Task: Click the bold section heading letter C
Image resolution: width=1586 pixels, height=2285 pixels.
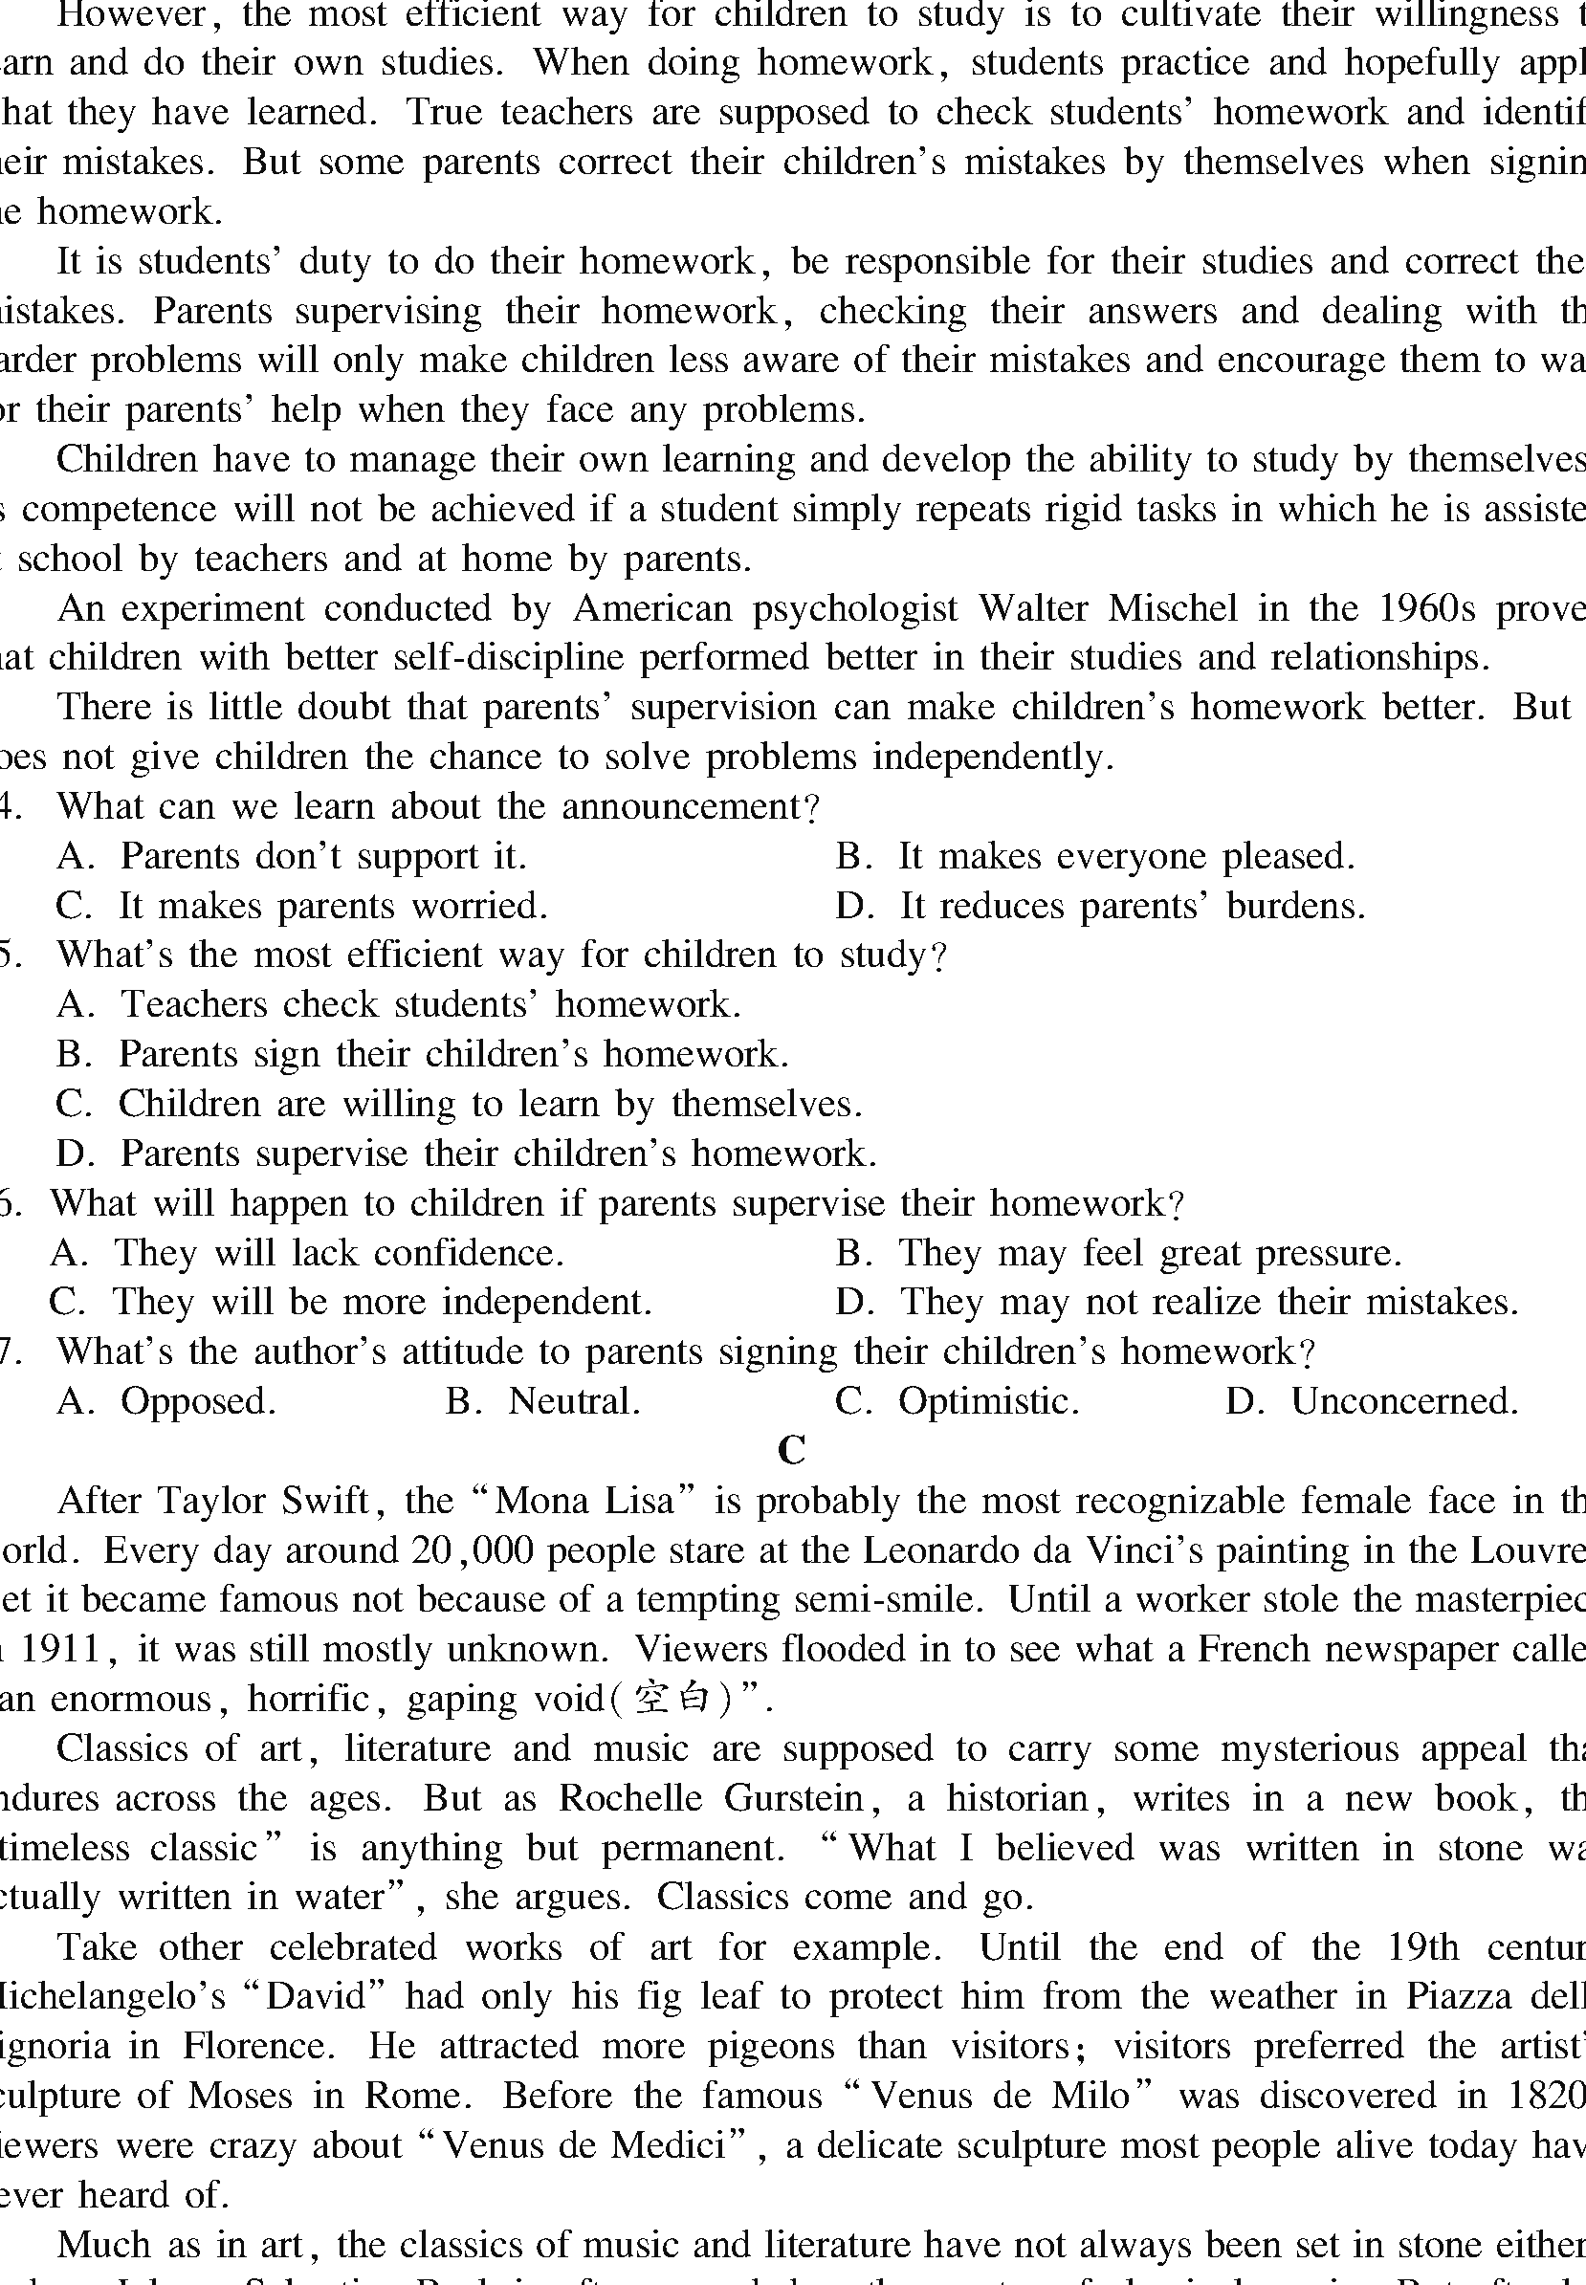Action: tap(791, 1449)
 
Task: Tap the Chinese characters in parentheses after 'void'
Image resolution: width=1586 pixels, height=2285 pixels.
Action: tap(671, 1699)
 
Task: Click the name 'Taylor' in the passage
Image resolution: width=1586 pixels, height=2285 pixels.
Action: tap(209, 1500)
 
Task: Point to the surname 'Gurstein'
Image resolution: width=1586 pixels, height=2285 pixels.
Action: tap(793, 1798)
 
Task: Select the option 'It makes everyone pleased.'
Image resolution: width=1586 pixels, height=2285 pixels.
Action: tap(1126, 856)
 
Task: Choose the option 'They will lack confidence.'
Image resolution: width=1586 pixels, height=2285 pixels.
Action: tap(338, 1253)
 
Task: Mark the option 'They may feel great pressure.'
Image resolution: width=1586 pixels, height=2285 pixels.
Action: tap(1150, 1253)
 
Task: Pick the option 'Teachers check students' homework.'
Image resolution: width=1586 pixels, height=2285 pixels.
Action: tap(430, 1004)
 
